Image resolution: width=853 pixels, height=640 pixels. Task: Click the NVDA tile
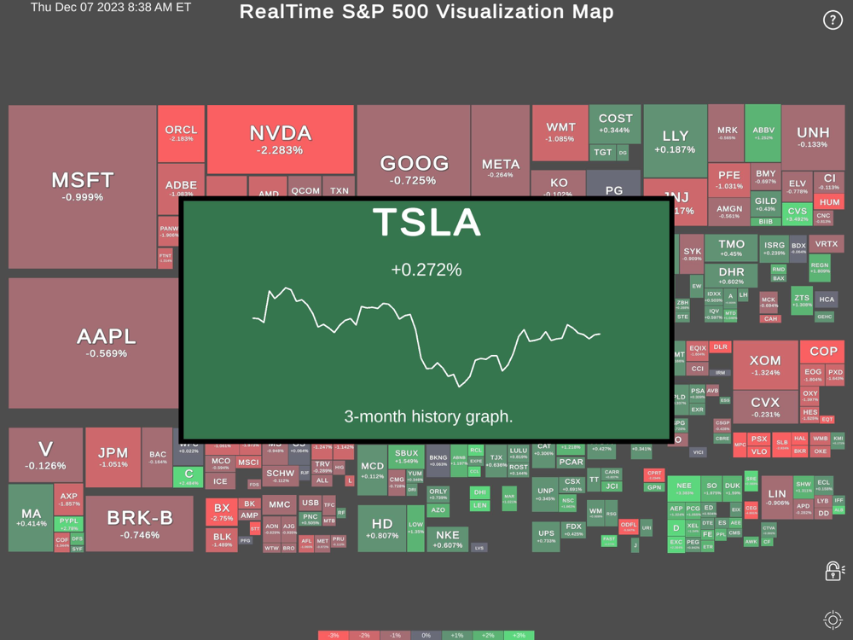click(281, 139)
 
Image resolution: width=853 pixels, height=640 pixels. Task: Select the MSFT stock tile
click(83, 186)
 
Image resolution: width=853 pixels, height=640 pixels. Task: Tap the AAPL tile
click(107, 341)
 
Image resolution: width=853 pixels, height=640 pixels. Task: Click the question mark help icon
click(833, 20)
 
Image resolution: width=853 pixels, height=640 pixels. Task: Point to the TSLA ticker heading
click(426, 223)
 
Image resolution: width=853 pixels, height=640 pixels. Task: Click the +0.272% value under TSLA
click(426, 270)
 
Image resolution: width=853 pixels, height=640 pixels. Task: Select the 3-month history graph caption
click(428, 416)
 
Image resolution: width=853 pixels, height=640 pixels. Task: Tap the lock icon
click(833, 571)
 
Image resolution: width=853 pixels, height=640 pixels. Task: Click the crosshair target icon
click(833, 620)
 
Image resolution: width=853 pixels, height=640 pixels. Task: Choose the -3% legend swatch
click(334, 636)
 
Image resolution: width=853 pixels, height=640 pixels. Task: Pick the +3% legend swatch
click(519, 636)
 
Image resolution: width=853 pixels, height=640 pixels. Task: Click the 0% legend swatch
click(426, 636)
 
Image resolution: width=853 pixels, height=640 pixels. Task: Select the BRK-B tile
click(140, 522)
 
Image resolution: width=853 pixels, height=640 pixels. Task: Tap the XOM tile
click(765, 366)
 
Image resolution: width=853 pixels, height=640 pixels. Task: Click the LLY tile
click(675, 141)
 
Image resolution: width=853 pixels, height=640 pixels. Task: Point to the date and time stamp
click(111, 8)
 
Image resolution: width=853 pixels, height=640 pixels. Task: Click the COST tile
click(615, 123)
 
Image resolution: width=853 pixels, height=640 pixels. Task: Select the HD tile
click(382, 528)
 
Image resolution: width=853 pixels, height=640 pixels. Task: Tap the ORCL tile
click(181, 133)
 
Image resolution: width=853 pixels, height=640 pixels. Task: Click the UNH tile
click(812, 137)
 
